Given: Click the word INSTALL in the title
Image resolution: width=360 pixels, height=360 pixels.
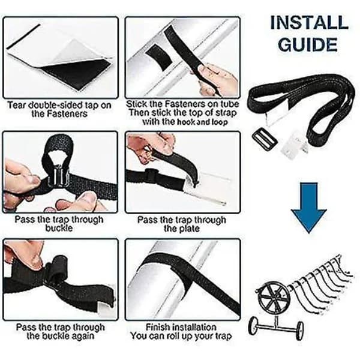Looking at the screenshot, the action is [x=309, y=23].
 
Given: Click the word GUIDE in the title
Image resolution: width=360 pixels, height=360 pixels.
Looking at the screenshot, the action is [x=308, y=44].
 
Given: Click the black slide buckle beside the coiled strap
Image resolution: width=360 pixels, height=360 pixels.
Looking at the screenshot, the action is [x=265, y=139].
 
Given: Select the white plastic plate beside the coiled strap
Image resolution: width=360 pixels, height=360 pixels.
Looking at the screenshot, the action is [x=295, y=144].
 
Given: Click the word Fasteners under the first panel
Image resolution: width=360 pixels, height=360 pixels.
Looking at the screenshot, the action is [x=59, y=114].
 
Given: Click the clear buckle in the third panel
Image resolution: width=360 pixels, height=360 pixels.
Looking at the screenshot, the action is [x=59, y=175].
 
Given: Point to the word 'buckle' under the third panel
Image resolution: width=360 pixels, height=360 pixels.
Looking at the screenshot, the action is [x=59, y=228].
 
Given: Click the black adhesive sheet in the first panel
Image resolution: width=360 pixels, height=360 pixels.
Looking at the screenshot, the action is [x=76, y=74].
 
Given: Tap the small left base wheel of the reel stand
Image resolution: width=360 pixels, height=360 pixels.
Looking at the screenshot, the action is [x=254, y=325].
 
